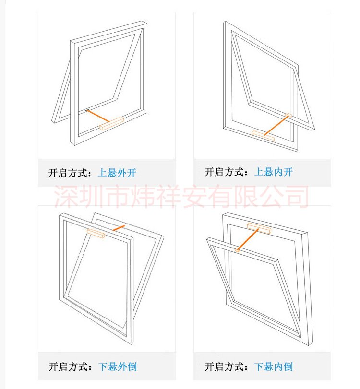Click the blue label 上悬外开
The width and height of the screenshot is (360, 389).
tap(118, 173)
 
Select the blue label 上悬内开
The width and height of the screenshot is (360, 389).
tap(274, 172)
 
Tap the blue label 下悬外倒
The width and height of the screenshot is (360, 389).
tap(118, 366)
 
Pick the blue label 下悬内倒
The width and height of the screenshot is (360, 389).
tap(274, 366)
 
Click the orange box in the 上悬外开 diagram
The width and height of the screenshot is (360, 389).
tap(112, 124)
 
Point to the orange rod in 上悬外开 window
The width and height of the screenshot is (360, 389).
tap(97, 116)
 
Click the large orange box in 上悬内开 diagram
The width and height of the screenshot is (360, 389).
tap(263, 136)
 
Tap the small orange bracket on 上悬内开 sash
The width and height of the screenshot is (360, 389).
tap(288, 115)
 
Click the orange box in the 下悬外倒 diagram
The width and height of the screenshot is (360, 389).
tap(96, 234)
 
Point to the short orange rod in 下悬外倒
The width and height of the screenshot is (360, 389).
tap(119, 228)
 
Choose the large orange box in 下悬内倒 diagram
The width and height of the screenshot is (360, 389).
tap(259, 228)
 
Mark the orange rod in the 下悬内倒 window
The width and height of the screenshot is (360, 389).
tap(248, 239)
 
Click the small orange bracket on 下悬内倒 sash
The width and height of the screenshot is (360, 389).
tap(238, 250)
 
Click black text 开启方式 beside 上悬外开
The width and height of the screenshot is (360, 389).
tap(68, 173)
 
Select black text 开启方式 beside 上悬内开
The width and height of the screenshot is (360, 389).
tap(224, 172)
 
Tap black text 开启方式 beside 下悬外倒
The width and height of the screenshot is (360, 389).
tap(68, 366)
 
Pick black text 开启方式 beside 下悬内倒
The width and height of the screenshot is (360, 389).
tap(224, 366)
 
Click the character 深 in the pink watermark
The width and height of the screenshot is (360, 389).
tap(66, 196)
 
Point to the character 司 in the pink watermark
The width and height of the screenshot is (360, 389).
tap(296, 196)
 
